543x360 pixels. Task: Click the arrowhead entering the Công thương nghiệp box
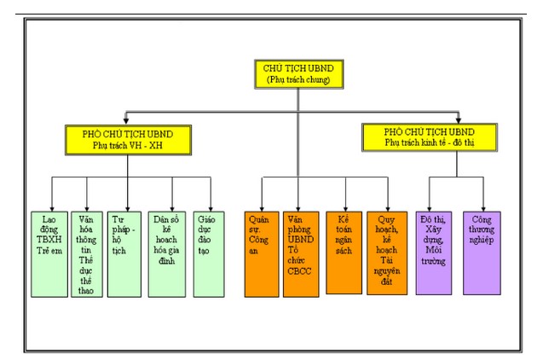coord(482,207)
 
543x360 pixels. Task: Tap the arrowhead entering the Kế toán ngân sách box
coord(344,207)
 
